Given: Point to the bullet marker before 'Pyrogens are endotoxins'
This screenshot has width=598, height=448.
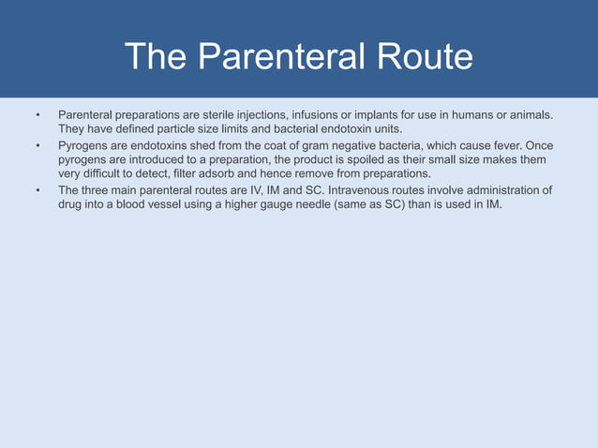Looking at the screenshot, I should pos(38,146).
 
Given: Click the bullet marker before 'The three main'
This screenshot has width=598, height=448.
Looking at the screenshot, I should pos(38,190).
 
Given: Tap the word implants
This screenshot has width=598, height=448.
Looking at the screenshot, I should pos(381,114).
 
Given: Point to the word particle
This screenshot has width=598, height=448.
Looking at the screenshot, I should pos(169,128).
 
